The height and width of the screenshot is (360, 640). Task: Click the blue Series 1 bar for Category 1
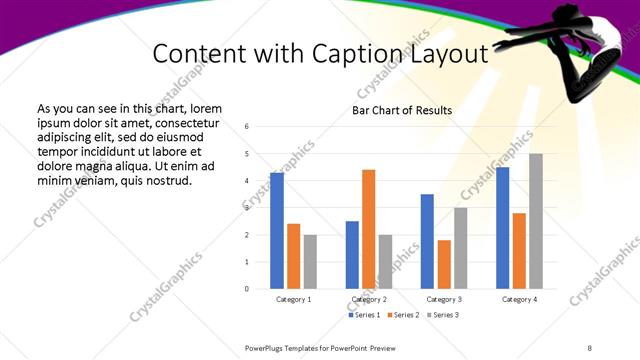(x=277, y=231)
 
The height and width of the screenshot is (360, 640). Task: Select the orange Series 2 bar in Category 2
(x=369, y=229)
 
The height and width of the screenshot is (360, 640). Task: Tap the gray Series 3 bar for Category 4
(x=536, y=221)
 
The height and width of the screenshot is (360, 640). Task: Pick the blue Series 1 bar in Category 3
(x=427, y=241)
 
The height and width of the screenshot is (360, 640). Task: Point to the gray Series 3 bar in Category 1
(x=310, y=262)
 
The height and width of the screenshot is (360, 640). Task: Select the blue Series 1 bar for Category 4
(x=503, y=228)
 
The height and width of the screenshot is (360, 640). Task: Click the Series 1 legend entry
(x=365, y=315)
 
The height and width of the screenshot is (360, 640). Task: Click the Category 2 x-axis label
(x=369, y=299)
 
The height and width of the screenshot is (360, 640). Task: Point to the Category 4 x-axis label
(x=519, y=299)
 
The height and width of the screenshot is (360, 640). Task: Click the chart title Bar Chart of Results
(x=402, y=110)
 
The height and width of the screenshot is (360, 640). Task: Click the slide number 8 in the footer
(x=588, y=347)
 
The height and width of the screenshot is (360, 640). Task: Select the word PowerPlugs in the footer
(x=267, y=347)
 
